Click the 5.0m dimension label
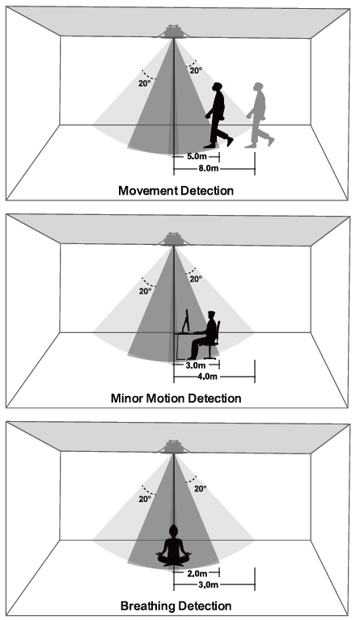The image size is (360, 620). click(x=197, y=157)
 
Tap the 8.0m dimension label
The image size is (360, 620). click(x=208, y=169)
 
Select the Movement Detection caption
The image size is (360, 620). click(x=176, y=191)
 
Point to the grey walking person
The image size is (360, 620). click(x=260, y=115)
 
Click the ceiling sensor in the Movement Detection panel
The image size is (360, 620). click(x=174, y=32)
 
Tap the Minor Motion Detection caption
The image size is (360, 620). click(x=176, y=398)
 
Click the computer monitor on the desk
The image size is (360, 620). click(x=186, y=321)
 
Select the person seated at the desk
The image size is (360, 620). click(x=203, y=335)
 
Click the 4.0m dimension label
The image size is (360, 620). click(x=207, y=377)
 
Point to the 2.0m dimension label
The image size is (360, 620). click(x=197, y=573)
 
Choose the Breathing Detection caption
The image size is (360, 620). click(x=176, y=605)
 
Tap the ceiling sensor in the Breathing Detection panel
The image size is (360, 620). click(x=174, y=447)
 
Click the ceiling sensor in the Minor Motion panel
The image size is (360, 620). click(x=174, y=239)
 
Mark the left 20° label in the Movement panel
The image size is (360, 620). click(x=144, y=83)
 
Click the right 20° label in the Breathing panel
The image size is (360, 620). click(x=200, y=489)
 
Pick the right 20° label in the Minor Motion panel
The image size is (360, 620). click(x=196, y=279)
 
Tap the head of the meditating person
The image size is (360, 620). click(x=173, y=529)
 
